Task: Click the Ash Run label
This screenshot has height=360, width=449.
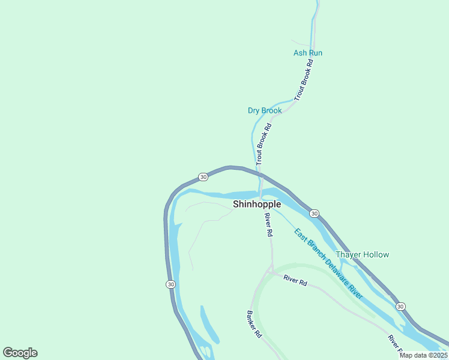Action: point(307,53)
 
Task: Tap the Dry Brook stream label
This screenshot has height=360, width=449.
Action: point(265,110)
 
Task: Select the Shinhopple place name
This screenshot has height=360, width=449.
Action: point(257,204)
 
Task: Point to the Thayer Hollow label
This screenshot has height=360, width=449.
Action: point(362,254)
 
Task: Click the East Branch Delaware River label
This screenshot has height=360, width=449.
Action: point(329,264)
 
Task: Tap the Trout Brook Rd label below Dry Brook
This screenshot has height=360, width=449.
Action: point(264,144)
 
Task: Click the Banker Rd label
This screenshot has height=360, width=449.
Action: point(255,323)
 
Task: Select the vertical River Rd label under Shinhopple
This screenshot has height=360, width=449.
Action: point(269,224)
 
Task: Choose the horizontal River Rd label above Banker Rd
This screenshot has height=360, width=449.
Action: point(295,280)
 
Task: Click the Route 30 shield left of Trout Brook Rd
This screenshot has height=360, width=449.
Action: point(203,177)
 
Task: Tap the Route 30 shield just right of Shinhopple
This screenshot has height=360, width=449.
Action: point(314,213)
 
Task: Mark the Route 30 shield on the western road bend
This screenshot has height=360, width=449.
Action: point(170,284)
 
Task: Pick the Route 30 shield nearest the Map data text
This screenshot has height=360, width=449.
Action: point(400,306)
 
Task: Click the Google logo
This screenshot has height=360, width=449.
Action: point(20,353)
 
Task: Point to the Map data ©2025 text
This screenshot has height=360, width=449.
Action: point(423,355)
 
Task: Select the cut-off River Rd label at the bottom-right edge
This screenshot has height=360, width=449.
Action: point(393,343)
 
